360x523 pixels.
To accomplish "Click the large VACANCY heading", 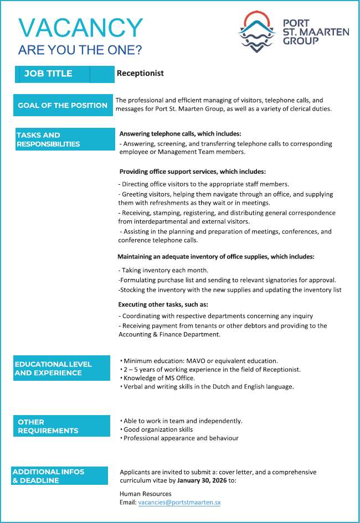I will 80,28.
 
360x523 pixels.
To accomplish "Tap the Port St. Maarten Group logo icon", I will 257,32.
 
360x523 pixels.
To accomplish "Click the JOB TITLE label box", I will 64,74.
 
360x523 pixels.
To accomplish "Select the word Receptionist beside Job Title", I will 140,73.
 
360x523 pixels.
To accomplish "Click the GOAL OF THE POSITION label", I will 63,105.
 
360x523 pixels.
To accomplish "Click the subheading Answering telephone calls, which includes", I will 181,134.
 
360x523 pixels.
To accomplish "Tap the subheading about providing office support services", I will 192,172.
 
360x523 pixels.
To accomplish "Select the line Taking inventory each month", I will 163,270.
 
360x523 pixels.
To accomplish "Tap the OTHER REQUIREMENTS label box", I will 61,426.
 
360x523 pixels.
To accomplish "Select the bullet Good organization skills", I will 158,429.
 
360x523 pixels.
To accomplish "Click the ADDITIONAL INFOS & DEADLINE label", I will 60,476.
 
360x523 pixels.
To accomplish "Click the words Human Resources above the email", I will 146,494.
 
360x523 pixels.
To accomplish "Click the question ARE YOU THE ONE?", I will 80,50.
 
